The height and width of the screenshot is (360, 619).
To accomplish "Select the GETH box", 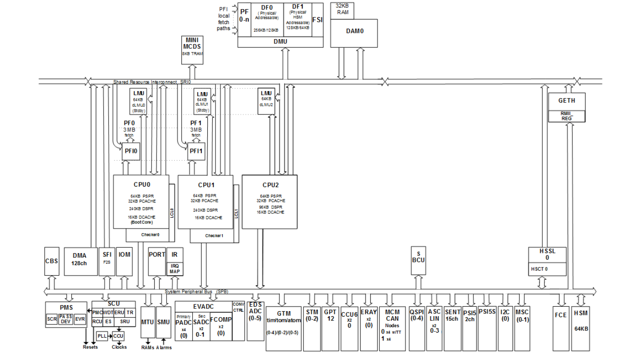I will [567, 101].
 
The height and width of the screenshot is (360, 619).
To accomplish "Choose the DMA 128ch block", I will [79, 260].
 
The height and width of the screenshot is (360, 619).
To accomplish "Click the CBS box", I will [52, 261].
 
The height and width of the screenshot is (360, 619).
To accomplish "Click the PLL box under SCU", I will [101, 336].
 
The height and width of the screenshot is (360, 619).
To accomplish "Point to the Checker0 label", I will [150, 235].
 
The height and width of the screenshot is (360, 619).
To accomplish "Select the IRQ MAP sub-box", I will [175, 269].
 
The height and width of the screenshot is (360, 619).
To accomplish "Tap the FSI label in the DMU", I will [317, 20].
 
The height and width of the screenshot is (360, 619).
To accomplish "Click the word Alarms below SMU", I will [164, 347].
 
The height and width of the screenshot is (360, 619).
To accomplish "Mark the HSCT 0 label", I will [539, 269].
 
